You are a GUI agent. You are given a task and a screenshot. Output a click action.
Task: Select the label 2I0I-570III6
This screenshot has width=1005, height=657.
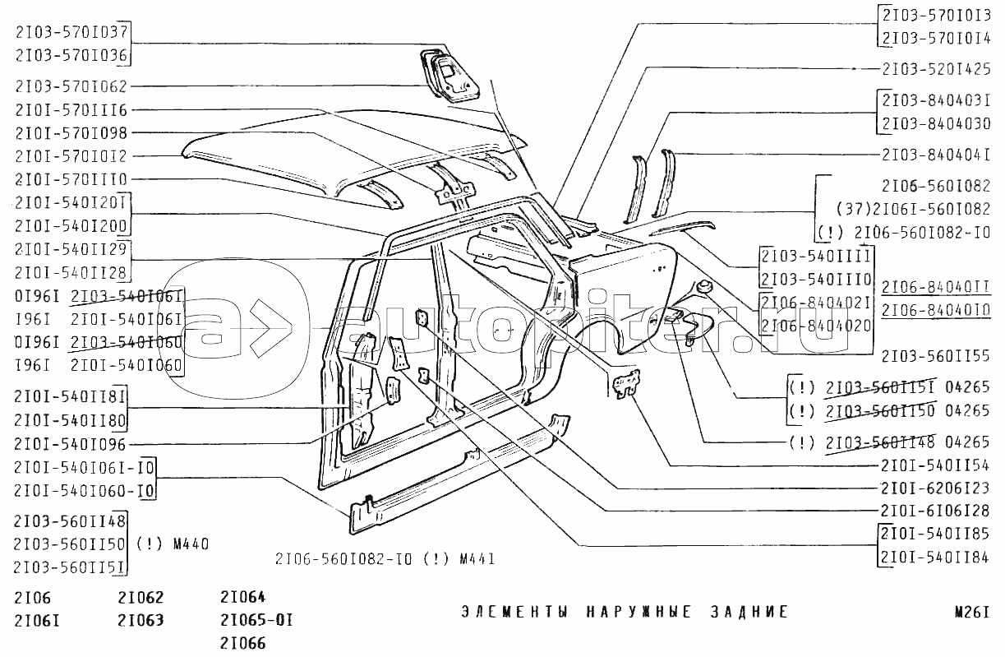71,110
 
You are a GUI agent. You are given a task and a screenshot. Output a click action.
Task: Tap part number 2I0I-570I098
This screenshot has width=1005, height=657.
71,133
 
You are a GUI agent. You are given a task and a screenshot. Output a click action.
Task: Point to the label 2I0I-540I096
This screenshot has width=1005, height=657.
71,445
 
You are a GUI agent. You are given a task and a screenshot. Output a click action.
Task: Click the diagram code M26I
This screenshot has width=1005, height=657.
969,612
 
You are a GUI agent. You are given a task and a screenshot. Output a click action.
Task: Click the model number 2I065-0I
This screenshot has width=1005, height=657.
256,619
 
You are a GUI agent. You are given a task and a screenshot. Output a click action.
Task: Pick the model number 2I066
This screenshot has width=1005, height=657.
243,643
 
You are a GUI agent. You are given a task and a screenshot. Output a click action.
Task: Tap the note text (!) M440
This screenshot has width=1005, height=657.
173,544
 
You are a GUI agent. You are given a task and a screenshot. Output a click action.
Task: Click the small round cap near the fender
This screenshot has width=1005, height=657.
704,288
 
